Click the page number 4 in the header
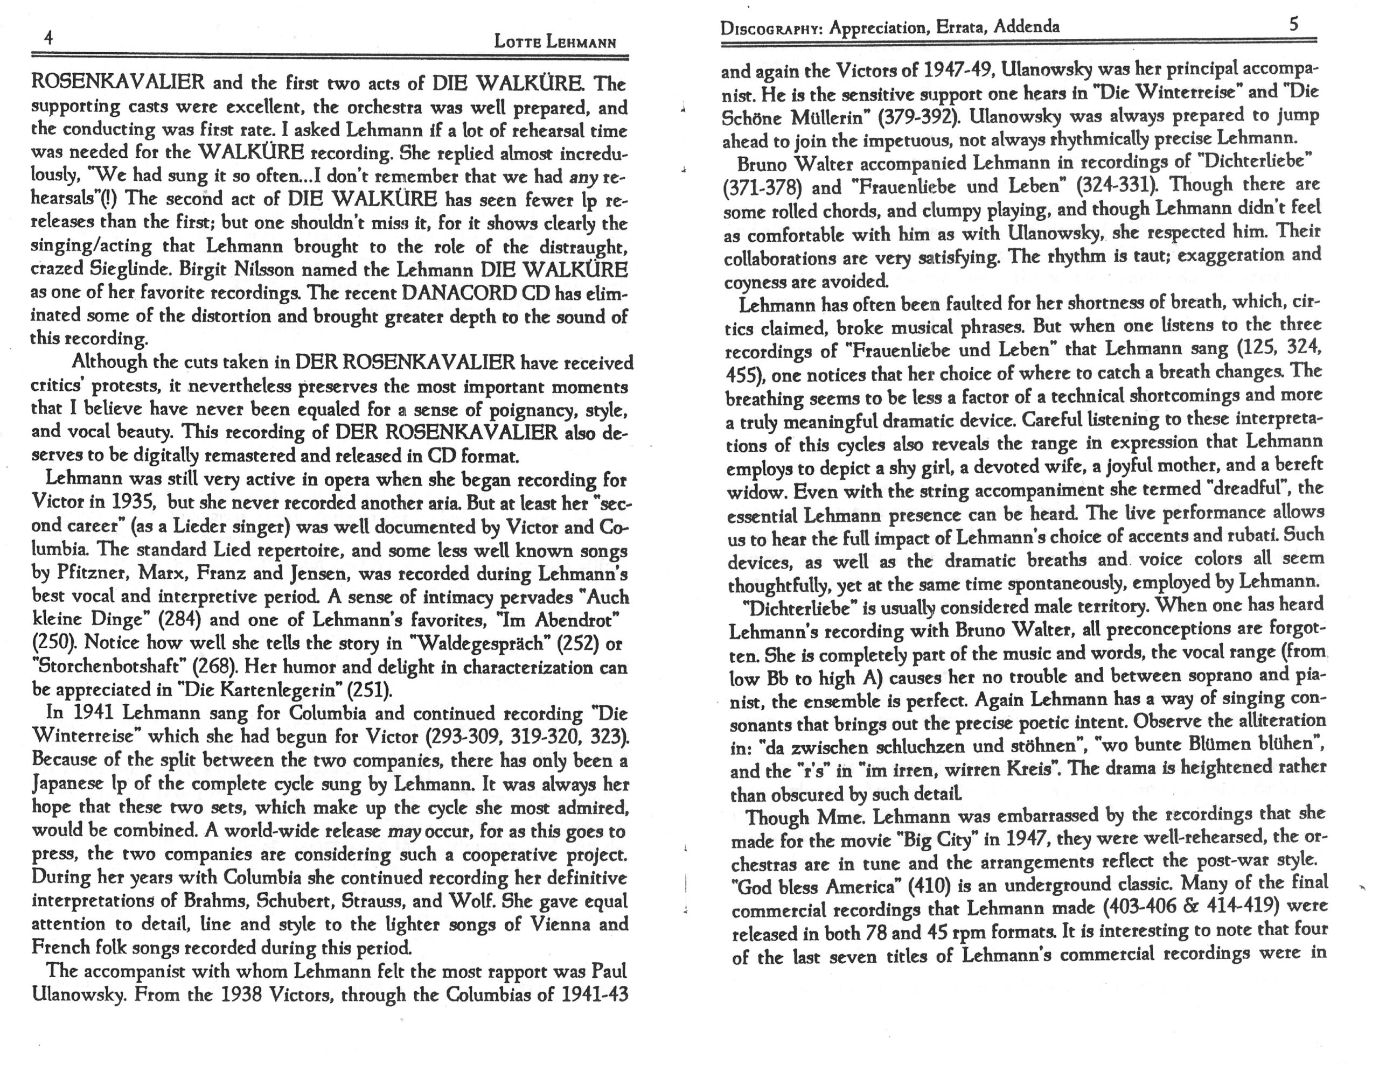48,38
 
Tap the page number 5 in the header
1294,25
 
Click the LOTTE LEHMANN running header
554,43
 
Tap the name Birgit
205,270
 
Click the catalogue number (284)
179,620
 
